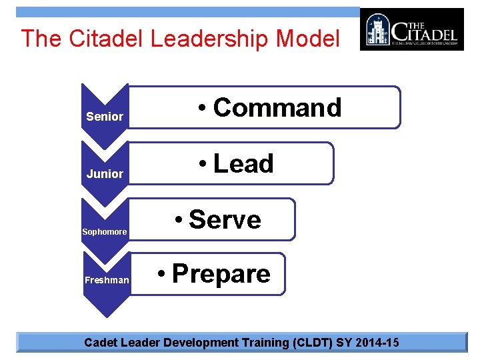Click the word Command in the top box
click(277, 107)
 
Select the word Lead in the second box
click(243, 163)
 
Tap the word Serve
click(225, 219)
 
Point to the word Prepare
click(221, 274)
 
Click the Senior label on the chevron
click(105, 117)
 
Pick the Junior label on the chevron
click(105, 174)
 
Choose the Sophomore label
click(104, 232)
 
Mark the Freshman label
click(107, 280)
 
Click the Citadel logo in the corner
click(411, 29)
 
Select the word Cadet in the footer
click(99, 343)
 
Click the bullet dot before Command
click(203, 109)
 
